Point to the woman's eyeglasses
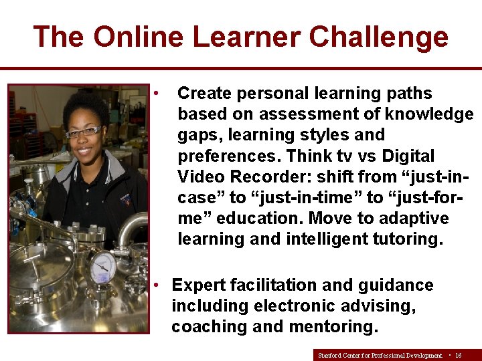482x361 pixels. click(x=83, y=131)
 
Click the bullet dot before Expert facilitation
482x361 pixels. click(x=155, y=285)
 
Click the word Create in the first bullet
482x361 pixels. click(x=204, y=93)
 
